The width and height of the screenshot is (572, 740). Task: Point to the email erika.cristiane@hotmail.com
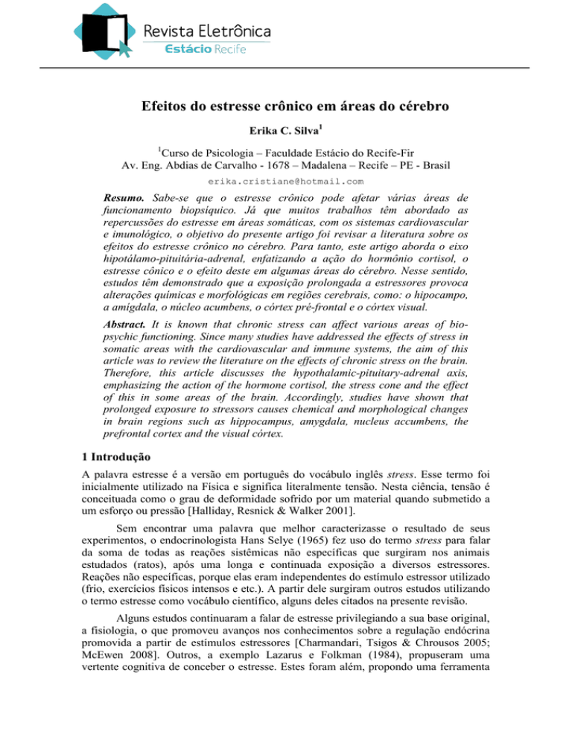(286, 181)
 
